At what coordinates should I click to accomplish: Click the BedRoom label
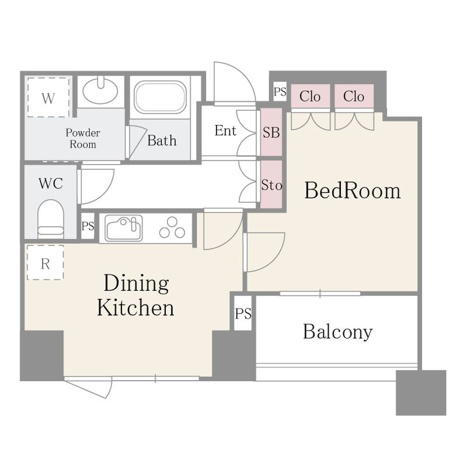[353, 190]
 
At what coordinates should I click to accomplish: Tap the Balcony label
[338, 332]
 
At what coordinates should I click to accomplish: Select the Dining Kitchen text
[136, 295]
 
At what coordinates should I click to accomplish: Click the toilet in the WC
[51, 219]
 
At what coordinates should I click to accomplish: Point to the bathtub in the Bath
[160, 97]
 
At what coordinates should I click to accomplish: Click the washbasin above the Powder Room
[100, 90]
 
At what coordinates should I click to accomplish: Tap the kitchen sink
[124, 228]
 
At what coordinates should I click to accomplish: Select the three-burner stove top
[172, 228]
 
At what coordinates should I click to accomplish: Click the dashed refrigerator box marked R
[46, 263]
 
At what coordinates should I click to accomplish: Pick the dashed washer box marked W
[48, 97]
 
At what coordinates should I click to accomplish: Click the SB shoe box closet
[271, 133]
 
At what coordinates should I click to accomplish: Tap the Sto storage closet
[271, 184]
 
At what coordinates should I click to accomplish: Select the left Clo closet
[311, 96]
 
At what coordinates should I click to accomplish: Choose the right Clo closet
[354, 96]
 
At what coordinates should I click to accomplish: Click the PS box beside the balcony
[243, 313]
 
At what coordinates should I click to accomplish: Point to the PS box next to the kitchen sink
[88, 226]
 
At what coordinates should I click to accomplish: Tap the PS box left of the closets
[280, 92]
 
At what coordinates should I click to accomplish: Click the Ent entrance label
[225, 130]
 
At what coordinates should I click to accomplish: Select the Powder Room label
[83, 138]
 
